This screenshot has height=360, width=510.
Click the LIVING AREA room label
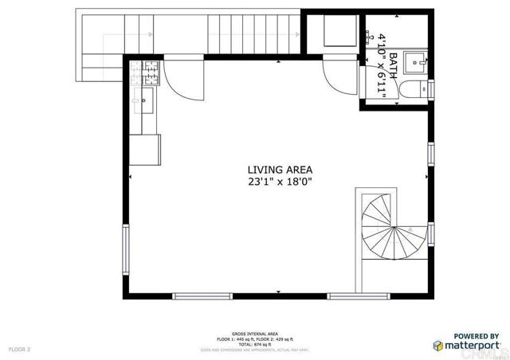279,169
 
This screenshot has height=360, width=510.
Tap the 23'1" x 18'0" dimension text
279,182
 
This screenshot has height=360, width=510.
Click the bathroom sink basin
416,61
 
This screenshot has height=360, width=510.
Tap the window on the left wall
125,249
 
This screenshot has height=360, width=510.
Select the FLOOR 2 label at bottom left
19,349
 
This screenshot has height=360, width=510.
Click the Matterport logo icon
438,345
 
